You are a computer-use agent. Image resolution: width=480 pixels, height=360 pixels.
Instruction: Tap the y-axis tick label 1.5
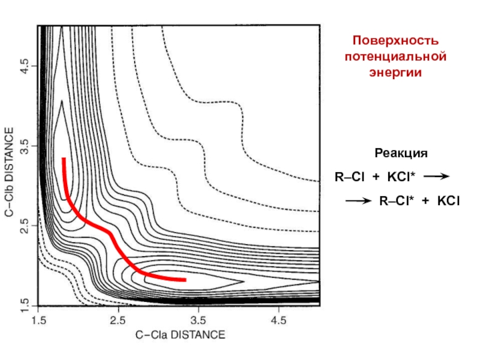25,304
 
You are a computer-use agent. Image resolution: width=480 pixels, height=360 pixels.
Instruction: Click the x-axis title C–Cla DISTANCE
180,335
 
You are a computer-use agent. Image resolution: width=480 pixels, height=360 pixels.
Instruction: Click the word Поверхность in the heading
395,41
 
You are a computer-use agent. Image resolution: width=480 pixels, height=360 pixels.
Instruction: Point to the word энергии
395,71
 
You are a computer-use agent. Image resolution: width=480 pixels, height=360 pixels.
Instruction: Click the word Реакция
401,154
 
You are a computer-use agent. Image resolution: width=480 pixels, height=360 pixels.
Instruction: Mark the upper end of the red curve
63,159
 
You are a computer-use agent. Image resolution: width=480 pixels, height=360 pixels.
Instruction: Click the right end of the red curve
184,280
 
